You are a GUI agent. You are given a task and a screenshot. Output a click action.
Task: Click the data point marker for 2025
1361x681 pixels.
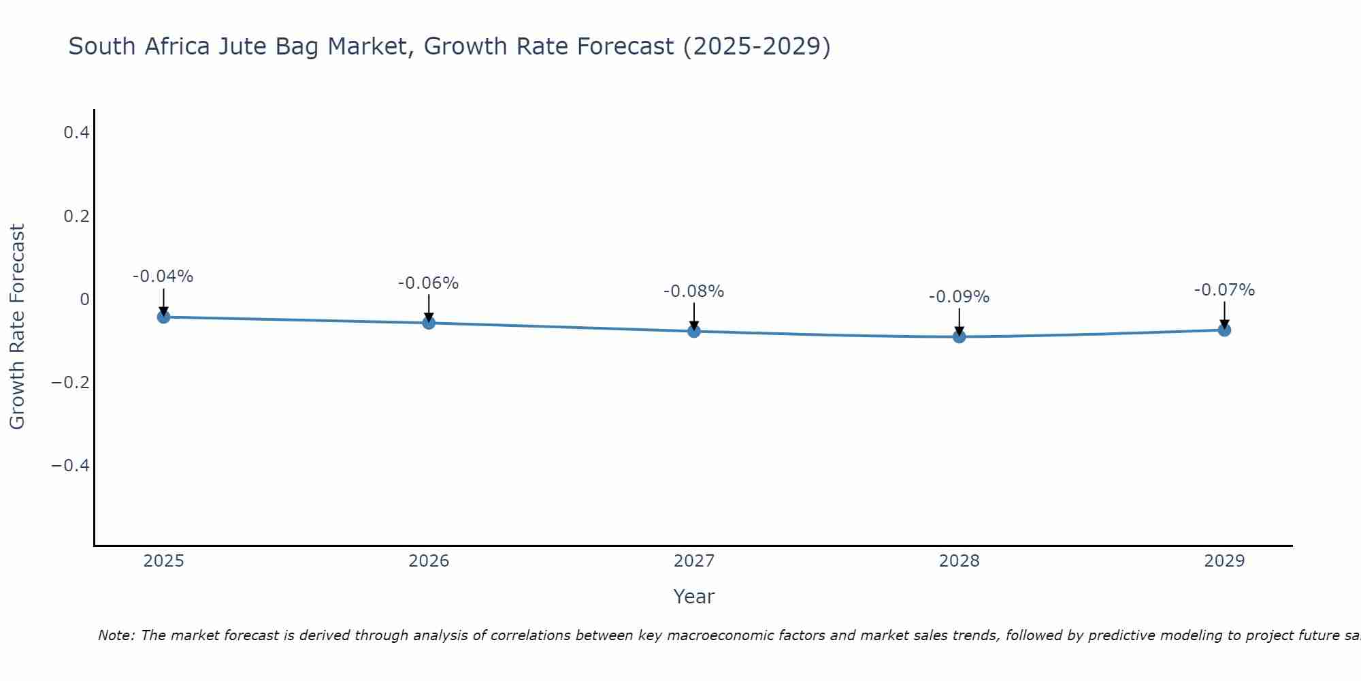coord(163,317)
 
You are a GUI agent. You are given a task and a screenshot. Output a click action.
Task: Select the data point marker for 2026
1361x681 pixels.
coord(429,323)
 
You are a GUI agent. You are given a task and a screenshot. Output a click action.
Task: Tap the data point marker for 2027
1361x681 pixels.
coord(694,332)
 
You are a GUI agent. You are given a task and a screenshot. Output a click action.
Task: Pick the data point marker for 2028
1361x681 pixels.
coord(959,336)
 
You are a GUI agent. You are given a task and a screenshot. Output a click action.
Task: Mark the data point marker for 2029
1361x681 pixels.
coord(1224,330)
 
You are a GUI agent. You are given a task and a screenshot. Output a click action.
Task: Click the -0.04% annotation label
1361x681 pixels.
coord(163,276)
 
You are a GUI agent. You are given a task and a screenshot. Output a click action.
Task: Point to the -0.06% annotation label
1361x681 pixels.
coord(428,283)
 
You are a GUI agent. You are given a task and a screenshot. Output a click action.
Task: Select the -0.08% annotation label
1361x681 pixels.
coord(693,291)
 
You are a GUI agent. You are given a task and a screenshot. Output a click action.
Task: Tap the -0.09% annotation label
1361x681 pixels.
coord(959,297)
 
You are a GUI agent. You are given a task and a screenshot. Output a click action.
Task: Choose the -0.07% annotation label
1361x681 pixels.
coord(1224,290)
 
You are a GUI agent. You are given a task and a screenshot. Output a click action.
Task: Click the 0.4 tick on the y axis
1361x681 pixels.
coord(77,133)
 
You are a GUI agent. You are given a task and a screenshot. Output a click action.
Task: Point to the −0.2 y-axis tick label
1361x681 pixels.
coord(70,383)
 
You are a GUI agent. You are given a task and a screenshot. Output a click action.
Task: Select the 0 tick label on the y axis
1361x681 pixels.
coord(84,300)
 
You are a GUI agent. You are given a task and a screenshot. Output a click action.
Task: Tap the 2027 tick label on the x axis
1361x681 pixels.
coord(693,561)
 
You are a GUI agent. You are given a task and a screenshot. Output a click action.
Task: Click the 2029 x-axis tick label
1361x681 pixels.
coord(1224,561)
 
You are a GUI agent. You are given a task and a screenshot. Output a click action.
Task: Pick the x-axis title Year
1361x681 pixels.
coord(693,597)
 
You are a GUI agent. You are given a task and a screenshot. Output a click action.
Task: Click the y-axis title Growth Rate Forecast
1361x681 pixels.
coord(17,327)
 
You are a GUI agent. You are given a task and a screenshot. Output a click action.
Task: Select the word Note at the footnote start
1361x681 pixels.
coord(115,635)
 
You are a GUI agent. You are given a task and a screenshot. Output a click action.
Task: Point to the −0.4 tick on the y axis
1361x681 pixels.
coord(70,466)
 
